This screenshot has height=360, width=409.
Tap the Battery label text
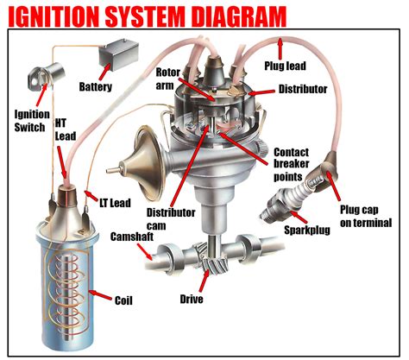click(96, 87)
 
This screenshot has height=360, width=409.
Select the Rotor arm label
click(170, 79)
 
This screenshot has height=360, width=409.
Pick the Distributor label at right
click(303, 89)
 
